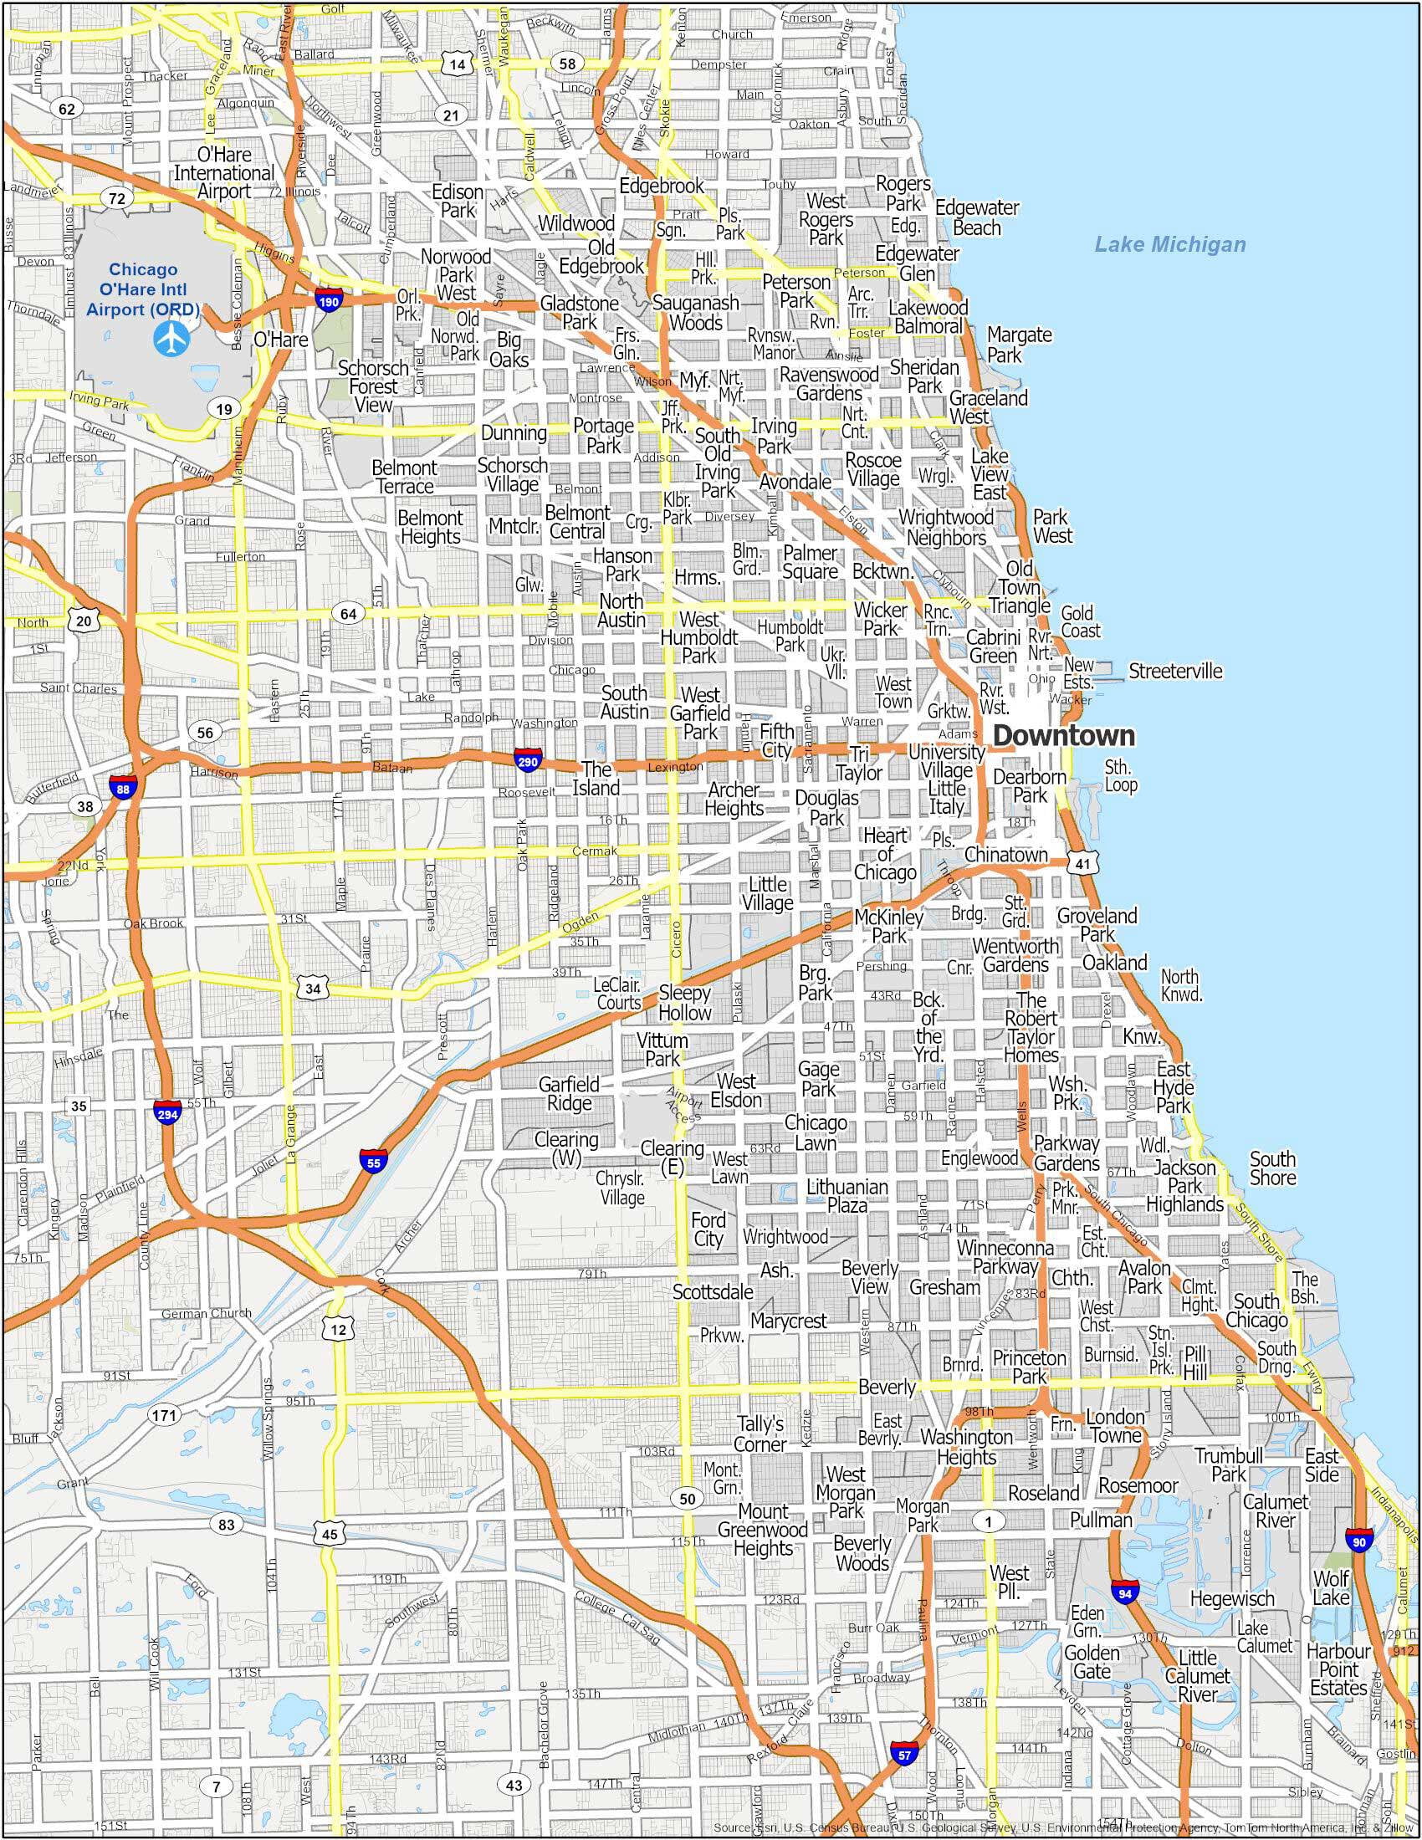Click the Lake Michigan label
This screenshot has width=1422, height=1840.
1169,245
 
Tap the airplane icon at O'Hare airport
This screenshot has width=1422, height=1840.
171,337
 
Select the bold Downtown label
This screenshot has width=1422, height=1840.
1063,735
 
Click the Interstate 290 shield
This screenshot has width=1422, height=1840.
528,759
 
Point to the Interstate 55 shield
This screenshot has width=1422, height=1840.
373,1161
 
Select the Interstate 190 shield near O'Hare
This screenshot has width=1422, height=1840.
330,300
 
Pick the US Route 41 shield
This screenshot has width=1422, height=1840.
1082,864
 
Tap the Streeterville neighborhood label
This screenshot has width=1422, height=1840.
1174,671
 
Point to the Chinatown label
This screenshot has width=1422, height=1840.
1005,854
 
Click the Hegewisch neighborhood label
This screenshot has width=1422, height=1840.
1230,1597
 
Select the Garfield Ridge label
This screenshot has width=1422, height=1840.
569,1094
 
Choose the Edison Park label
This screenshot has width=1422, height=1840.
458,202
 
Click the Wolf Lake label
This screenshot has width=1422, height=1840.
1331,1587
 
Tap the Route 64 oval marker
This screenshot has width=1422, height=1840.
348,613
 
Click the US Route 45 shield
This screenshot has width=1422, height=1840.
330,1534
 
